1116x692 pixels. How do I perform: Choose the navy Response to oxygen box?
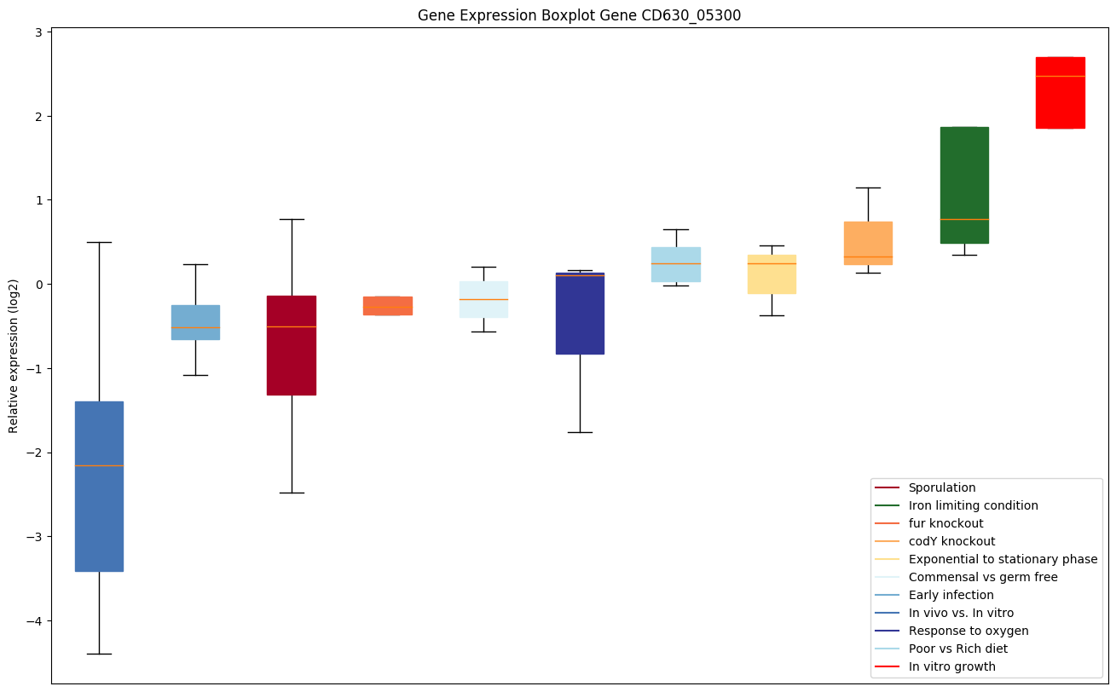coord(580,315)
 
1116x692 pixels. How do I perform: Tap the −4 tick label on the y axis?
coord(34,620)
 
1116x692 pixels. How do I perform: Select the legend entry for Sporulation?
coord(941,487)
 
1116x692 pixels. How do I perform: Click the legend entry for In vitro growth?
coord(951,666)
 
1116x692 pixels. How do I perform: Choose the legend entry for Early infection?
coord(951,595)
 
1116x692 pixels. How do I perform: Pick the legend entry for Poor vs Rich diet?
coord(957,649)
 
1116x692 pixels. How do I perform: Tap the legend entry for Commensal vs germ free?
coord(982,577)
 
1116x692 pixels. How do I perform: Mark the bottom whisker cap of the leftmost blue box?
coord(99,654)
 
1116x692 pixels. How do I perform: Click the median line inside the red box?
coord(1060,76)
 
